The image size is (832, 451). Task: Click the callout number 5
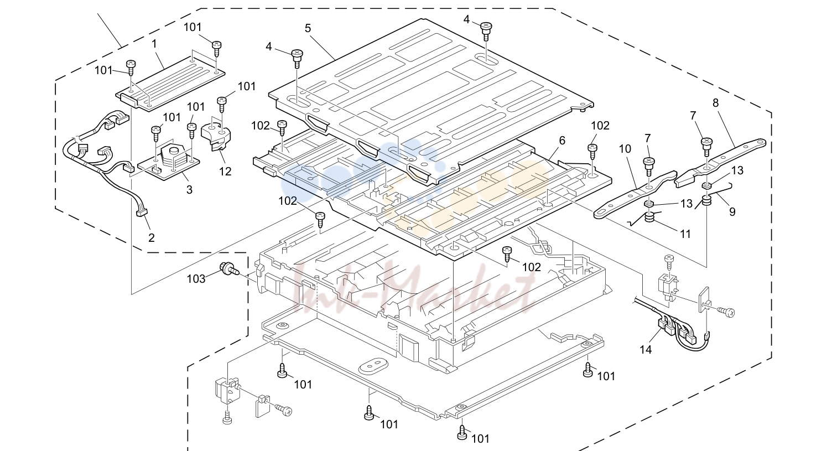point(308,28)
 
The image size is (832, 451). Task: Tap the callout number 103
point(196,279)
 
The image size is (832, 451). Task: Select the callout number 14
point(646,350)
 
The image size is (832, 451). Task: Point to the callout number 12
point(225,171)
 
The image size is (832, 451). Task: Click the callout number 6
point(562,141)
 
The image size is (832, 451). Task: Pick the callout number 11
point(685,234)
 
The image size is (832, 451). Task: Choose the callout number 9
point(732,212)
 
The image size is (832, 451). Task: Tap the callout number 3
point(189,190)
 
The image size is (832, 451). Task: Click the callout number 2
point(151,238)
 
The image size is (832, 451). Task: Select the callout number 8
point(715,103)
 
